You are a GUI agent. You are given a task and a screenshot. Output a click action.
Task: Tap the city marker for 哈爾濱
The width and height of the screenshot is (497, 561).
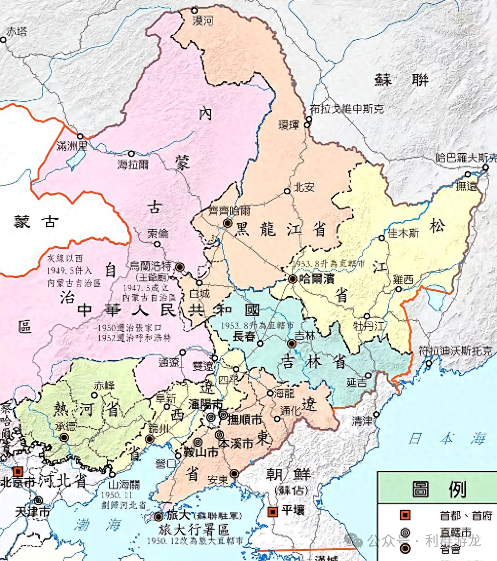pos(292,279)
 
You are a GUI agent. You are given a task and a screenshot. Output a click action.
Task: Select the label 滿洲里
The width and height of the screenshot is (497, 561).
pos(72,146)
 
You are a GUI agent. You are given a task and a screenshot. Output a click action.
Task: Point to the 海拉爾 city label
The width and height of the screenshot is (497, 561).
pos(133,164)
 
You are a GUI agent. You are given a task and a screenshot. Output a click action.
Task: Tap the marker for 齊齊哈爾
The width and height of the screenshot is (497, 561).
pos(227,223)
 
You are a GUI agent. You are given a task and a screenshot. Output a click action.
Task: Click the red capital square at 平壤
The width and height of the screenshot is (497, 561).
pos(273,512)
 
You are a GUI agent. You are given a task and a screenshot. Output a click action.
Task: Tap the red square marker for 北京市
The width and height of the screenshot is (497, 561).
pos(18,471)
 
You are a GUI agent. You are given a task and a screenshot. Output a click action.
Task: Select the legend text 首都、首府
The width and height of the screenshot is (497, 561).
pos(462,515)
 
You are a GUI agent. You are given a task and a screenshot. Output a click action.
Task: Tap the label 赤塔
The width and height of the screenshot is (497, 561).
pos(16,32)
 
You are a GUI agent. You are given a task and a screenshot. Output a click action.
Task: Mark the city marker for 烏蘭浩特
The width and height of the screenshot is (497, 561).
pos(180,267)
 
